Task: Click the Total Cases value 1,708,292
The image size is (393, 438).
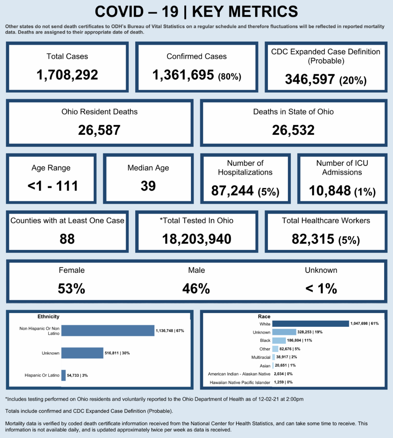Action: tap(67, 75)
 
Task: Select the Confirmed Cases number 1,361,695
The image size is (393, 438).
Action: tap(183, 75)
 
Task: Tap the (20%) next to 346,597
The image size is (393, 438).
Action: tap(353, 80)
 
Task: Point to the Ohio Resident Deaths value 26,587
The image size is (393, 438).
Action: tap(99, 130)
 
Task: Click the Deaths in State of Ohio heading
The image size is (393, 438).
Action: tap(293, 112)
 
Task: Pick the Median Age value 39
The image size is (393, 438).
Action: tap(148, 186)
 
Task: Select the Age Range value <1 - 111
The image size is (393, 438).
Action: tap(53, 186)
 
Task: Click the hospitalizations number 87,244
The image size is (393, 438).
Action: tap(232, 191)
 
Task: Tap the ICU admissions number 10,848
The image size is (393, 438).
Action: tap(330, 191)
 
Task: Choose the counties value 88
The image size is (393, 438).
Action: tap(67, 239)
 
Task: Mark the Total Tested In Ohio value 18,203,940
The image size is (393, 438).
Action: tap(196, 239)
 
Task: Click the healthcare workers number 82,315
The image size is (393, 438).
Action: tap(313, 239)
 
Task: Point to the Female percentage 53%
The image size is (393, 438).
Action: tap(71, 289)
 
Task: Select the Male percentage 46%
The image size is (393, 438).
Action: tap(196, 289)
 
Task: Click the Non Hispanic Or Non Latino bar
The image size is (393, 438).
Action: tap(108, 331)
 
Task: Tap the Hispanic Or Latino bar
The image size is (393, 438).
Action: tap(64, 375)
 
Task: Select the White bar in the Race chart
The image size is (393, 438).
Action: tap(310, 324)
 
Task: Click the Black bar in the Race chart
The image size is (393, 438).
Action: tap(279, 341)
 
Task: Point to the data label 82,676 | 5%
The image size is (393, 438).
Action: tap(290, 349)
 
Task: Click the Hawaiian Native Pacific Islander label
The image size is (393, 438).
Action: tap(240, 382)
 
